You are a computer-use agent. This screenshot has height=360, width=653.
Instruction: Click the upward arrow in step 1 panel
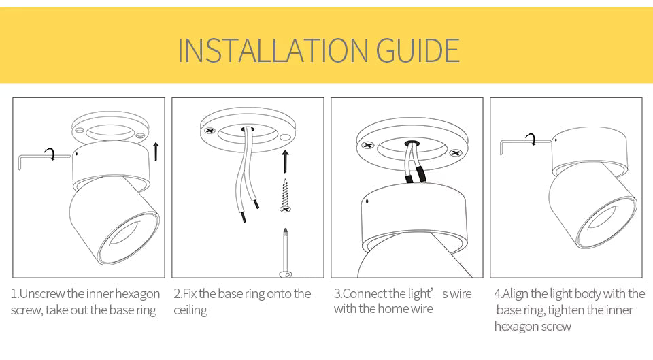point(156,150)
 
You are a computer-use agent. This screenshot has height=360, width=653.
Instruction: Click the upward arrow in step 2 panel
point(285,161)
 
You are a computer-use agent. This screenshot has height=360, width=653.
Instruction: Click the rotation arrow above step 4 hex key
point(531,139)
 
